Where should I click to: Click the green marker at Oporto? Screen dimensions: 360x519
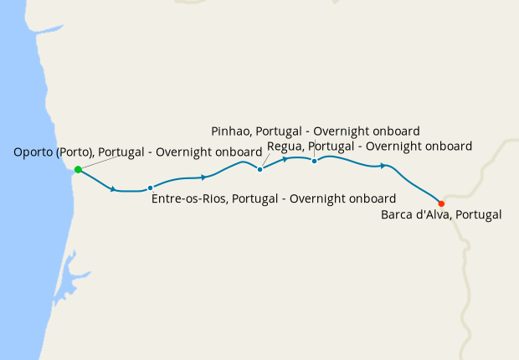point(78,169)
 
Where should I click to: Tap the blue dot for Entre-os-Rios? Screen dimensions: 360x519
point(150,188)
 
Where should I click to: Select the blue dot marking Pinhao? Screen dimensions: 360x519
point(260,169)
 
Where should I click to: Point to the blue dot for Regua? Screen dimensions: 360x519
point(314,161)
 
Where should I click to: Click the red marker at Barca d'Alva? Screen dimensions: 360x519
point(441,203)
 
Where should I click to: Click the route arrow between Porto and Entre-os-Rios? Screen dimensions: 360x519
point(113,189)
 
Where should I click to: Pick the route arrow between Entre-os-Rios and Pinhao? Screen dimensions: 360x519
point(204,177)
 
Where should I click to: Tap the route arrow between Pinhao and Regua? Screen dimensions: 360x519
point(286,158)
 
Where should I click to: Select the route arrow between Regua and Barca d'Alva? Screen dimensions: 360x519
point(383,166)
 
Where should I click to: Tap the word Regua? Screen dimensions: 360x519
point(285,146)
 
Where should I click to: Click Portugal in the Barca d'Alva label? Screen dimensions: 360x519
point(479,215)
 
